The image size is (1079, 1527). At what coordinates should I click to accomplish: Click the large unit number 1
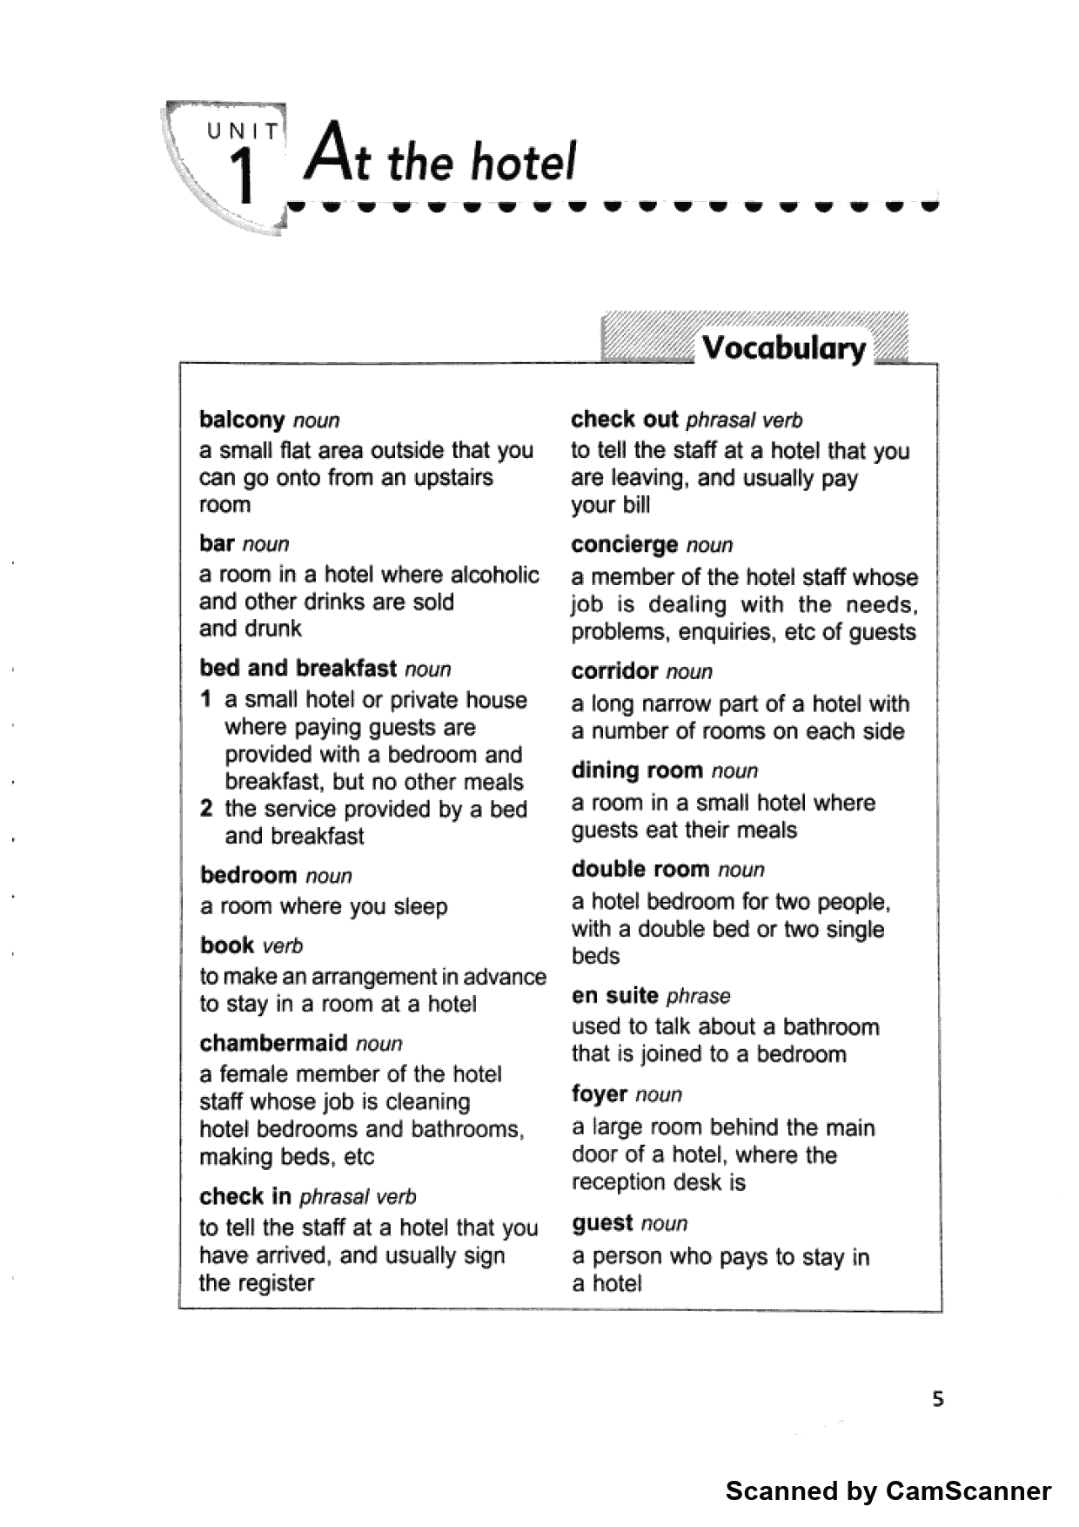click(x=244, y=175)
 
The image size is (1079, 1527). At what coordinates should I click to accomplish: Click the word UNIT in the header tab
click(x=244, y=132)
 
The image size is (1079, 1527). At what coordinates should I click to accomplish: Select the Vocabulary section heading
click(x=783, y=348)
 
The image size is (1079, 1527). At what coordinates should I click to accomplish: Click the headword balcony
click(x=242, y=420)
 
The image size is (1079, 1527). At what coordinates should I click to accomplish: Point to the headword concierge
click(x=624, y=545)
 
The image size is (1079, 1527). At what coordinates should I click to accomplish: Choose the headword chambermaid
click(x=273, y=1043)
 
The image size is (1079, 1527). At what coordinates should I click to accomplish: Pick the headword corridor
click(x=614, y=671)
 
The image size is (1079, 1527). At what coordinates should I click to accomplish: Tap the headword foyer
click(x=600, y=1094)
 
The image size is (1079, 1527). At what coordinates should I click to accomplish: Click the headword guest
click(x=602, y=1223)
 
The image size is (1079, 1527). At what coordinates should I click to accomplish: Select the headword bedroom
click(x=248, y=875)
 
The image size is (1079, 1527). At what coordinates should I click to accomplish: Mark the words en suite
click(x=614, y=995)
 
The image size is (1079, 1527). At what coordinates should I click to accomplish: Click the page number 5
click(x=937, y=1400)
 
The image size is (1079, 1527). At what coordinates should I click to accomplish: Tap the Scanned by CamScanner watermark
click(x=888, y=1491)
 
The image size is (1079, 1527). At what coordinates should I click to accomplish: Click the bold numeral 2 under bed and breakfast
click(x=206, y=809)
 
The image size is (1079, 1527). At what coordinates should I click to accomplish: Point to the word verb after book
click(x=283, y=946)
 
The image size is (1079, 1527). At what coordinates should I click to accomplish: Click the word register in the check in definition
click(x=273, y=1283)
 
